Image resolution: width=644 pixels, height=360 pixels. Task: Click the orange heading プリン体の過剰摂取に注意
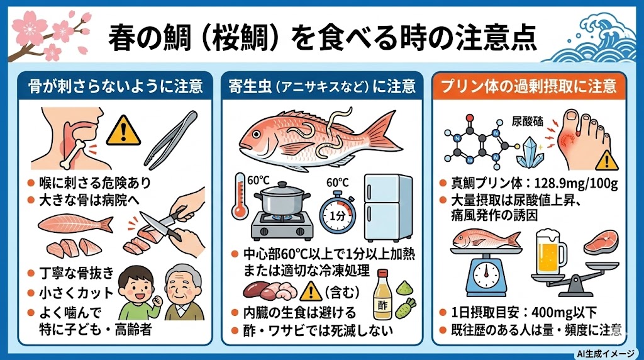point(531,86)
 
